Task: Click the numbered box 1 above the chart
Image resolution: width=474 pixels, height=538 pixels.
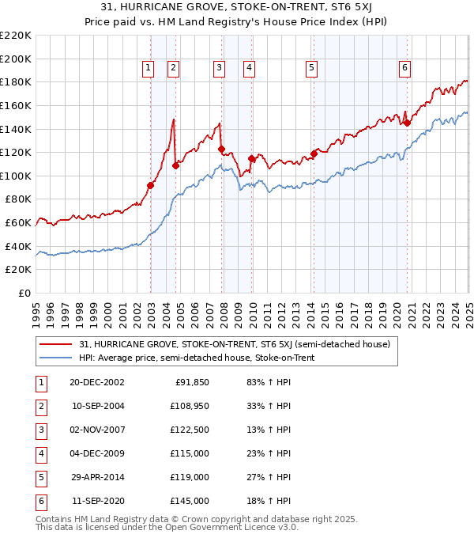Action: pos(149,69)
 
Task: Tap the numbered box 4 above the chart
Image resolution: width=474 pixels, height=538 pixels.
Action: pos(249,69)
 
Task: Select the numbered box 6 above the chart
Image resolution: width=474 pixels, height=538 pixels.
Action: pos(404,69)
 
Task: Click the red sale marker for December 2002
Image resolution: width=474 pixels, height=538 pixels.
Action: pos(150,185)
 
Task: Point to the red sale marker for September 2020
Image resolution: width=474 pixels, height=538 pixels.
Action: pos(407,123)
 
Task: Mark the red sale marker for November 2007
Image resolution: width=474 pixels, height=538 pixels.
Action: pos(221,149)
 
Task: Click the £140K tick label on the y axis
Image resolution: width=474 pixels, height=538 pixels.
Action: pos(16,128)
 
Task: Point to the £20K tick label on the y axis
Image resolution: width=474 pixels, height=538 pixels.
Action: pos(19,269)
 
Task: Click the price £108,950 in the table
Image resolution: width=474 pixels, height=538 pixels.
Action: pos(190,407)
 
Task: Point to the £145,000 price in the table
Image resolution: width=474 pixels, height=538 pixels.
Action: pos(190,502)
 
